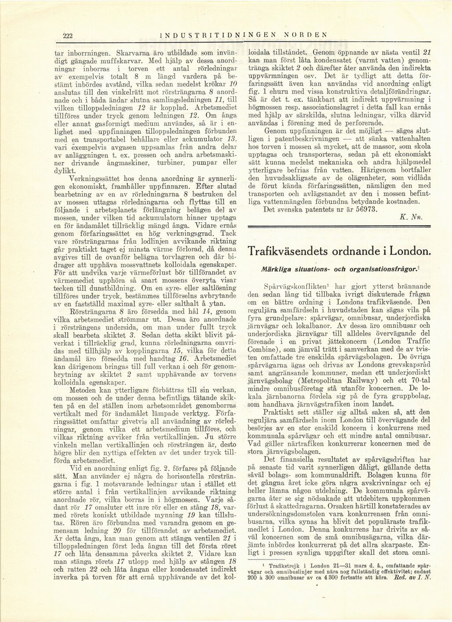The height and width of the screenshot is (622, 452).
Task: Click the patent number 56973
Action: click(363, 210)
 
